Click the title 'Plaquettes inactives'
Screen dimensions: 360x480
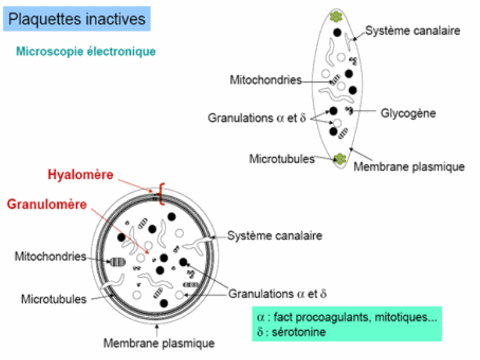tap(77, 19)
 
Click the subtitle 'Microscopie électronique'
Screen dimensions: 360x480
tap(86, 52)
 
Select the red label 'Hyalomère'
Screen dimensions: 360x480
tap(80, 175)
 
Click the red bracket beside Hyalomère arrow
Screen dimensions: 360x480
tap(161, 195)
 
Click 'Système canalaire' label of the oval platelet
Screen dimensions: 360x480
tap(413, 31)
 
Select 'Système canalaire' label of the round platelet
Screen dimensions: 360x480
tap(274, 236)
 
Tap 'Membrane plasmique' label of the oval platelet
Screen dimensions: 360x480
tap(409, 166)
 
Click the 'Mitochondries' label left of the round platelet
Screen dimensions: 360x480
tap(51, 256)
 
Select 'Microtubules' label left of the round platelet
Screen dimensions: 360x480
tap(53, 298)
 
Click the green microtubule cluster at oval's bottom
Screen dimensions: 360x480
tap(340, 160)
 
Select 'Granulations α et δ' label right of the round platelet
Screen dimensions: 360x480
tap(277, 294)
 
